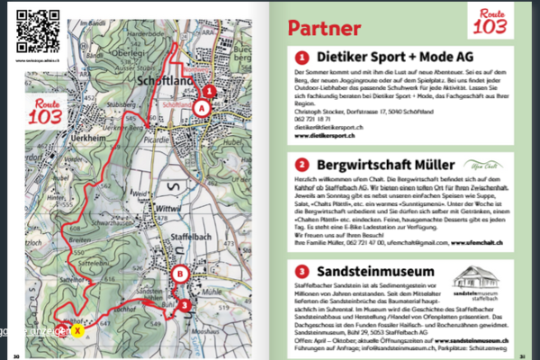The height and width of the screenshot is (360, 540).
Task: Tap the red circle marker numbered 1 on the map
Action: pyautogui.click(x=209, y=90)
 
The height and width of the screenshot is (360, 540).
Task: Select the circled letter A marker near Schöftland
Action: pyautogui.click(x=201, y=107)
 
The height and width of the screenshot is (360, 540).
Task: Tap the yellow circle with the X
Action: pyautogui.click(x=78, y=330)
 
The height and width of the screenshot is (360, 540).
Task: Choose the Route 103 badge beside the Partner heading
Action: pyautogui.click(x=490, y=23)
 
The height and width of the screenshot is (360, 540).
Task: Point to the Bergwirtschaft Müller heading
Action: pyautogui.click(x=391, y=165)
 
